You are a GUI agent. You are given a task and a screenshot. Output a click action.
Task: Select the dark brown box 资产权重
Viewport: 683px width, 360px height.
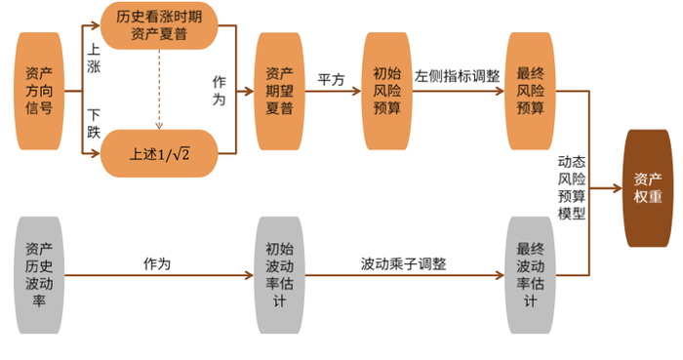[648, 187]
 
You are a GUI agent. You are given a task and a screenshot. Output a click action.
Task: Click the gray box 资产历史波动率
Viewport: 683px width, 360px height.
[41, 276]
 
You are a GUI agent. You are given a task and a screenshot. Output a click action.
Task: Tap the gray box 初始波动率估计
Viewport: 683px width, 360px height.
[279, 276]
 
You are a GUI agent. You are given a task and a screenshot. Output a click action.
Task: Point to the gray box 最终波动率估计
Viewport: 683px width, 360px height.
[531, 276]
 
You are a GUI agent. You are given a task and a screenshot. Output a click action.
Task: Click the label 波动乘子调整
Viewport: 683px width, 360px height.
[403, 263]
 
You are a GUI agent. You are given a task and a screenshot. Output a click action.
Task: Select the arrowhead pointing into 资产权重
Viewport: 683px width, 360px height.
[618, 187]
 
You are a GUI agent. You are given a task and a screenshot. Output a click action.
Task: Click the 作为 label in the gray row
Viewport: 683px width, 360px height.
[156, 263]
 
